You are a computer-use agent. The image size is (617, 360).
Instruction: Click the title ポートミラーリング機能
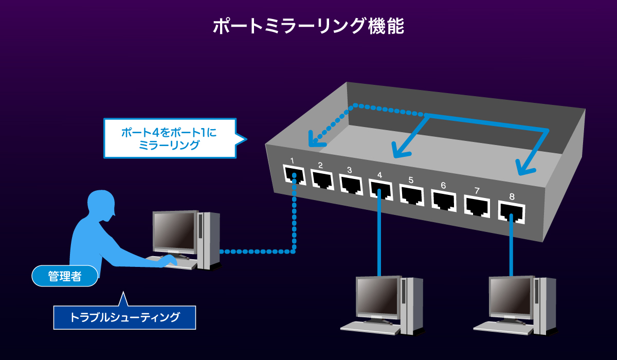point(308,26)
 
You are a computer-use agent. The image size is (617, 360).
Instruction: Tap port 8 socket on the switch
point(511,211)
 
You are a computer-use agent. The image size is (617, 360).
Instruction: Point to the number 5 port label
point(410,180)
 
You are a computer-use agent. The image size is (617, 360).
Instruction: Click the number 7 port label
point(477,191)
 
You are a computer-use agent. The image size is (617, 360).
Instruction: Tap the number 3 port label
point(349,170)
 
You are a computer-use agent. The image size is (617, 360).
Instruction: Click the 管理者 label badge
point(65,276)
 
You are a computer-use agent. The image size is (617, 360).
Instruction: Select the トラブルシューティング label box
point(124,317)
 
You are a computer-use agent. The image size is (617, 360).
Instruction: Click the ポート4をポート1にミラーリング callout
point(170,138)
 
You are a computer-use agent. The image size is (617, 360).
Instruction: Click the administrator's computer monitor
point(175,231)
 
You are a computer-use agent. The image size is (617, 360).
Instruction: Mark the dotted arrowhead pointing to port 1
point(313,139)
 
